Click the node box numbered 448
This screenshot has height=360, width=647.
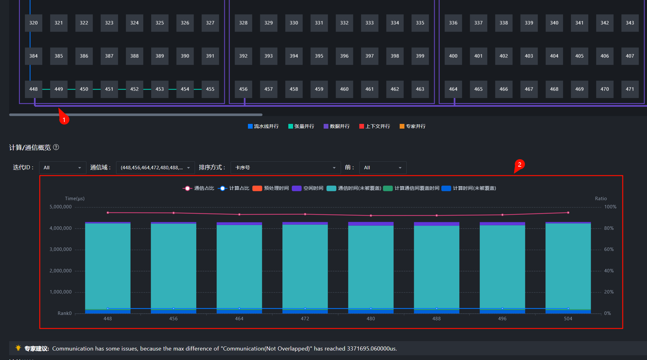(33, 89)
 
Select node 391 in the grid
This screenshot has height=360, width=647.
(210, 56)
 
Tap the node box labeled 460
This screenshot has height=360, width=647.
(344, 89)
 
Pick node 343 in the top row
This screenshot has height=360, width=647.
(630, 23)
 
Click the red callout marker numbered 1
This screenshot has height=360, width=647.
(64, 119)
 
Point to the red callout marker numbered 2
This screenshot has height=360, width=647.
(520, 165)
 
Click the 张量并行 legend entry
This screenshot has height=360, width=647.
(301, 126)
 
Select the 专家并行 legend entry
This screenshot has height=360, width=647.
(413, 126)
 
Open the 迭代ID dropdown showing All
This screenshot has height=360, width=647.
(62, 168)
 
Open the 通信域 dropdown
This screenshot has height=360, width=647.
(156, 168)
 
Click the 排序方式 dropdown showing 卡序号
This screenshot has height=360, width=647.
(286, 168)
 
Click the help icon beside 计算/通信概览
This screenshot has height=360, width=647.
(56, 147)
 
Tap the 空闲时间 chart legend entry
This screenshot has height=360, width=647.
(308, 188)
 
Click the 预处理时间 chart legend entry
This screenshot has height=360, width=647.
(271, 188)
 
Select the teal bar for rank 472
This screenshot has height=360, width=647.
(305, 267)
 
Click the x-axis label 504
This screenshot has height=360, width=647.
(568, 319)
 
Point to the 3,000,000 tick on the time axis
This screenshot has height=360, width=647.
(61, 249)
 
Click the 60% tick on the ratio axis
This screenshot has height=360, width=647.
(609, 249)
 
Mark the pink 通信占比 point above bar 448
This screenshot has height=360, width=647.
(108, 213)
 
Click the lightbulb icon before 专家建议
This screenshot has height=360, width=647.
(18, 348)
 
